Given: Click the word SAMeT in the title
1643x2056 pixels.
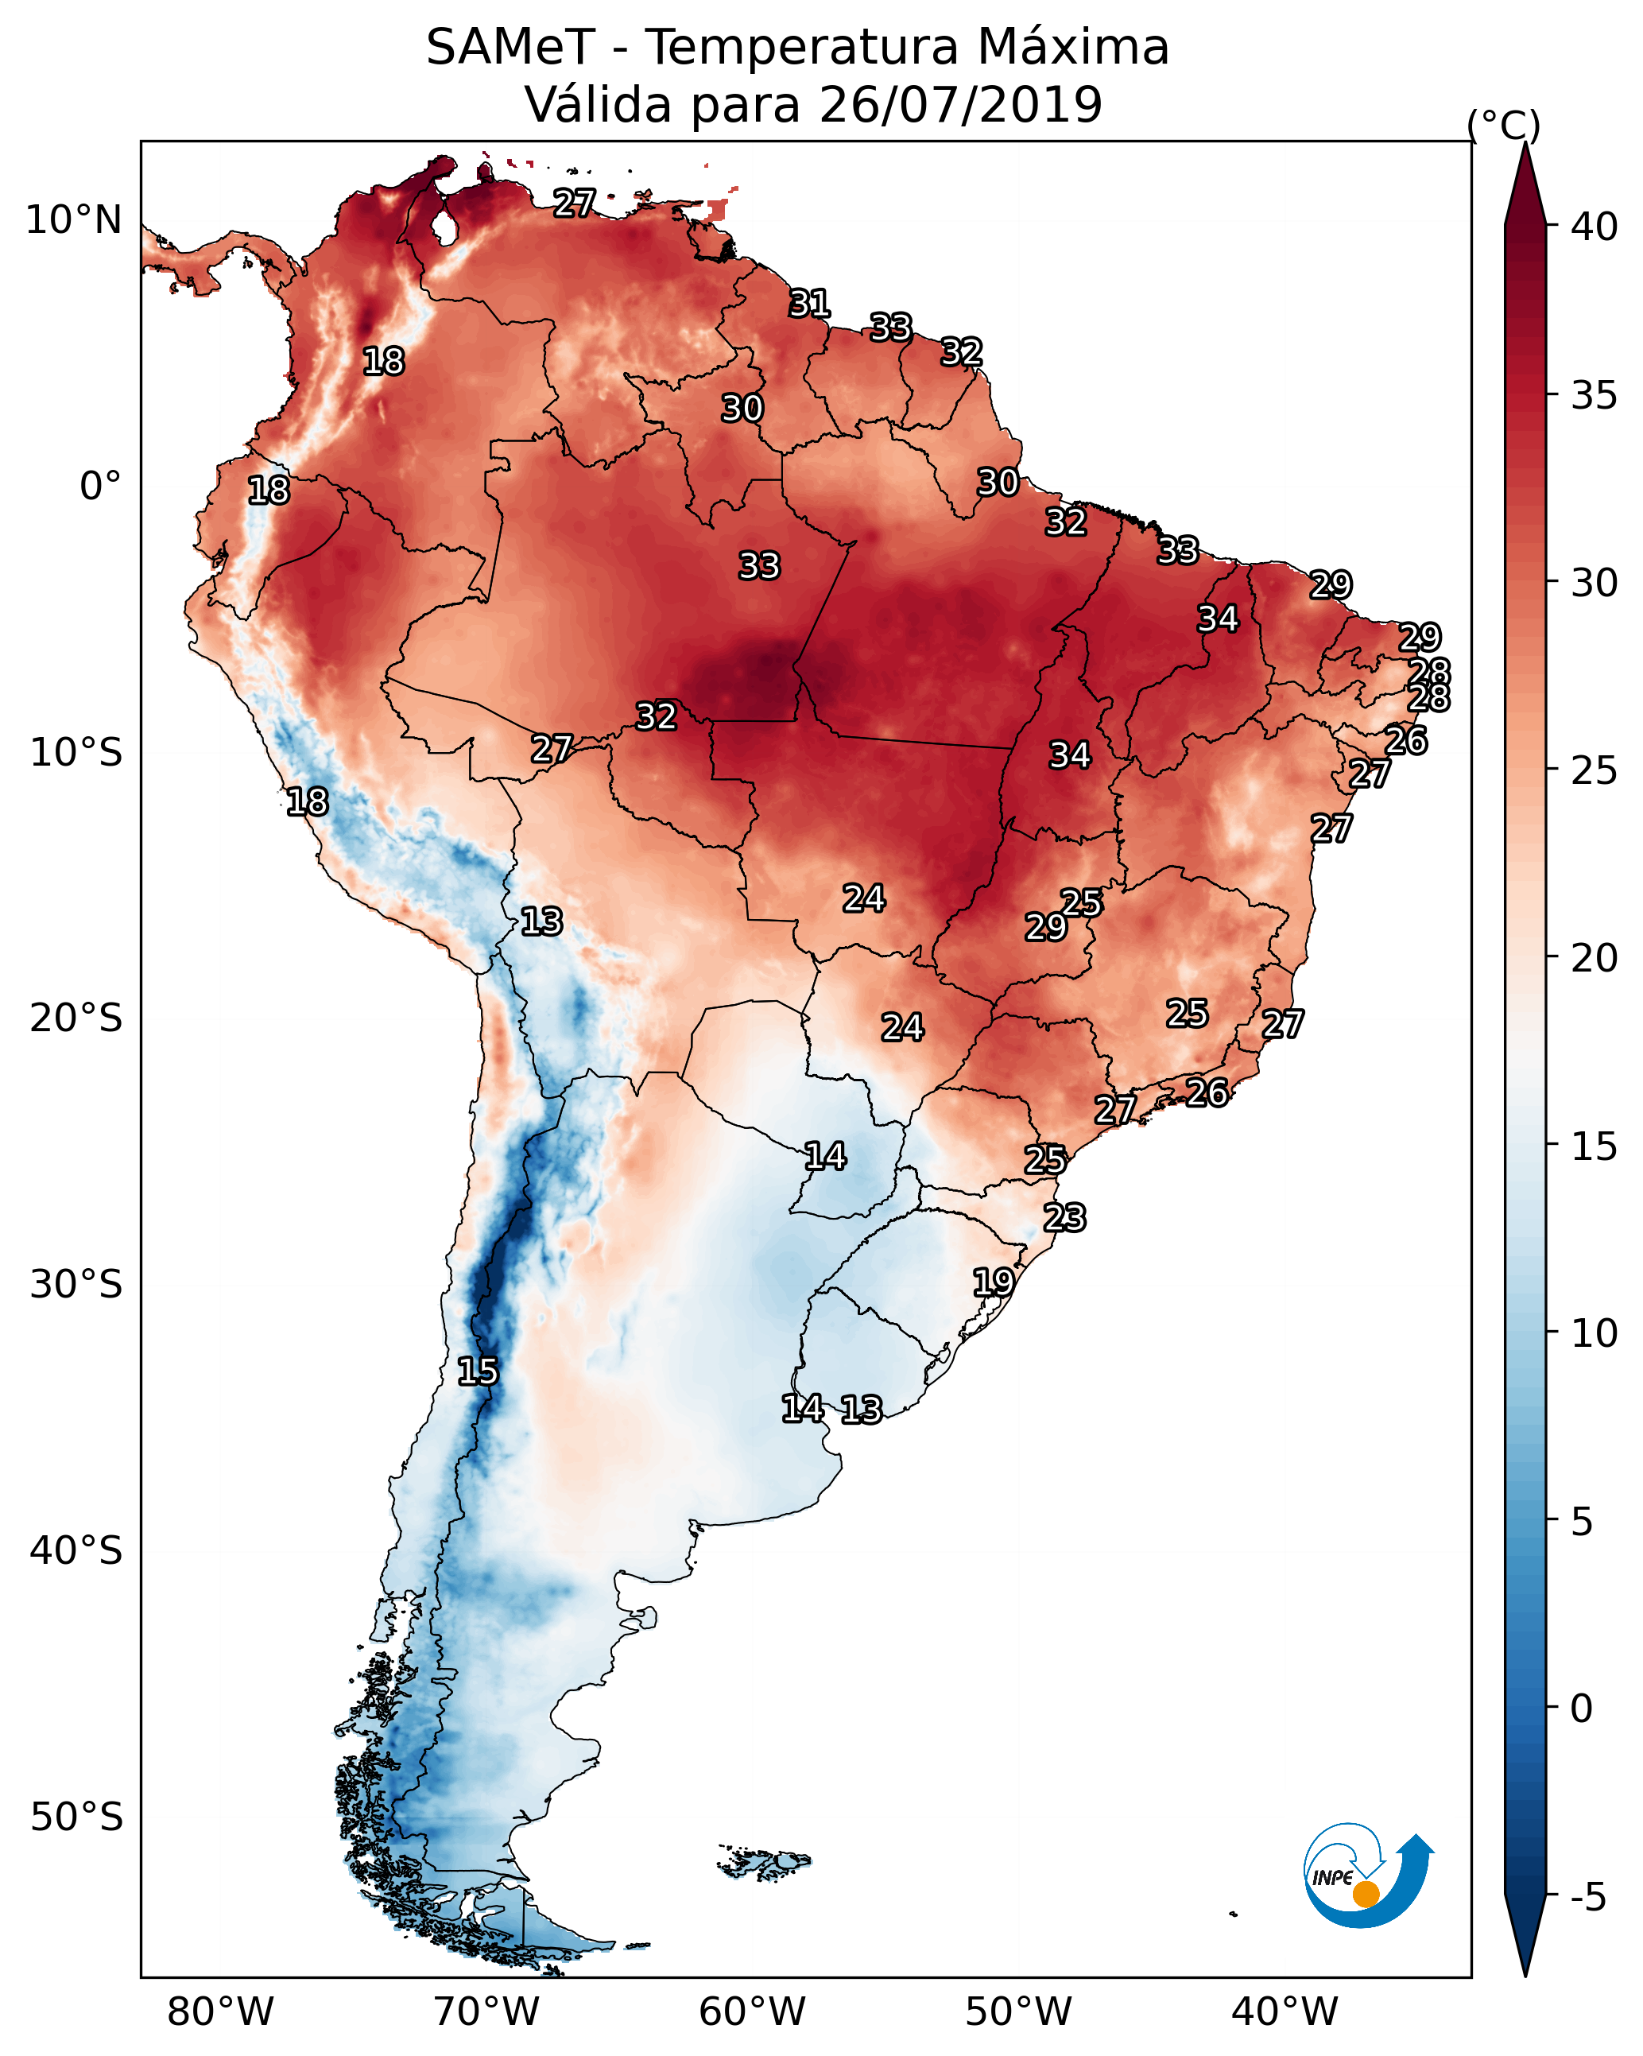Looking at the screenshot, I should click(510, 48).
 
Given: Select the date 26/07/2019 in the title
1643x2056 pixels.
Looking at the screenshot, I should click(960, 105).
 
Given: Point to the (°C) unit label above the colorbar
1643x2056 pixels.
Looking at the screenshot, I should click(1503, 125).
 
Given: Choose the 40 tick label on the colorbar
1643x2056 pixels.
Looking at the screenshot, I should click(1595, 227).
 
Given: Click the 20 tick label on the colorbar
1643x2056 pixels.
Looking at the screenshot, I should click(1595, 957).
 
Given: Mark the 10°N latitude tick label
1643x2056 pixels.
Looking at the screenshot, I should click(73, 220).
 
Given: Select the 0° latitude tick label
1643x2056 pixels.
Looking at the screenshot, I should click(100, 487).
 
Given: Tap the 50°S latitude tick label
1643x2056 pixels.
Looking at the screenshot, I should click(76, 1817).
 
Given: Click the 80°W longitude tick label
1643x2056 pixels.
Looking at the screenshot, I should click(220, 2012).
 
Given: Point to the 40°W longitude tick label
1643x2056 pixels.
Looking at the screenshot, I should click(1285, 2012).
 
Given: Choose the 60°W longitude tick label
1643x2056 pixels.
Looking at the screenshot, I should click(753, 2012).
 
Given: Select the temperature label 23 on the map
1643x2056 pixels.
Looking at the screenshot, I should click(1064, 1218).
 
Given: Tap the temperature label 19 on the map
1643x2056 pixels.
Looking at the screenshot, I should click(994, 1282).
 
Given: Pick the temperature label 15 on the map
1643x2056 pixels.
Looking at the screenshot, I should click(478, 1371).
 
